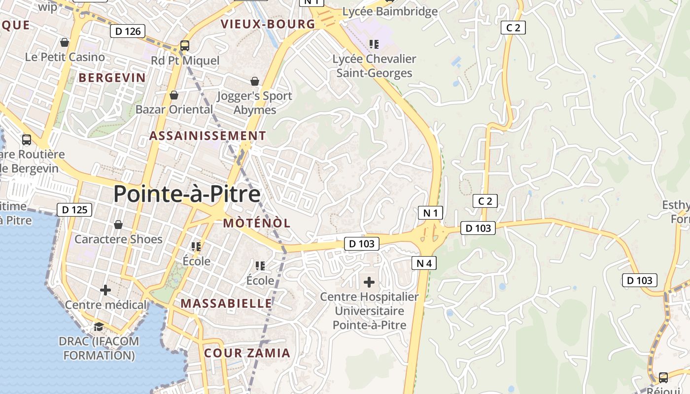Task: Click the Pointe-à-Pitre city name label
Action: tap(187, 194)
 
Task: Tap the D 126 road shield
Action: tap(128, 31)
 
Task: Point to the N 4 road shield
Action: tap(424, 263)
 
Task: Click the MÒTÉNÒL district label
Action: tap(257, 223)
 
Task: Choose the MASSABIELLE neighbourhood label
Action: tap(226, 303)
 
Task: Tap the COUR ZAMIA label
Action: tap(247, 353)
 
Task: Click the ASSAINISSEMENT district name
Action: tap(207, 135)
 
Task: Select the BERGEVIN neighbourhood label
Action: tap(112, 78)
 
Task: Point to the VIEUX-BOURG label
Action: tap(268, 24)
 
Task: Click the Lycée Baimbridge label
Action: tap(390, 11)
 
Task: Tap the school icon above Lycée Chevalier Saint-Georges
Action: tap(374, 44)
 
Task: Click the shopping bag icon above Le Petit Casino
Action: tap(65, 42)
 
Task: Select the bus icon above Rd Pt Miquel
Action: tap(185, 46)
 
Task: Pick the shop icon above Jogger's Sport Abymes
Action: tap(255, 81)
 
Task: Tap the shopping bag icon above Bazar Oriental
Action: tap(174, 95)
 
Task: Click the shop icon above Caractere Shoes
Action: tap(118, 225)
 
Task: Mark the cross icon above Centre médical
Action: tap(105, 290)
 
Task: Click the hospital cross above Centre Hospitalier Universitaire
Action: tap(369, 282)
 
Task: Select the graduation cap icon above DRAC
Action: tap(99, 327)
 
